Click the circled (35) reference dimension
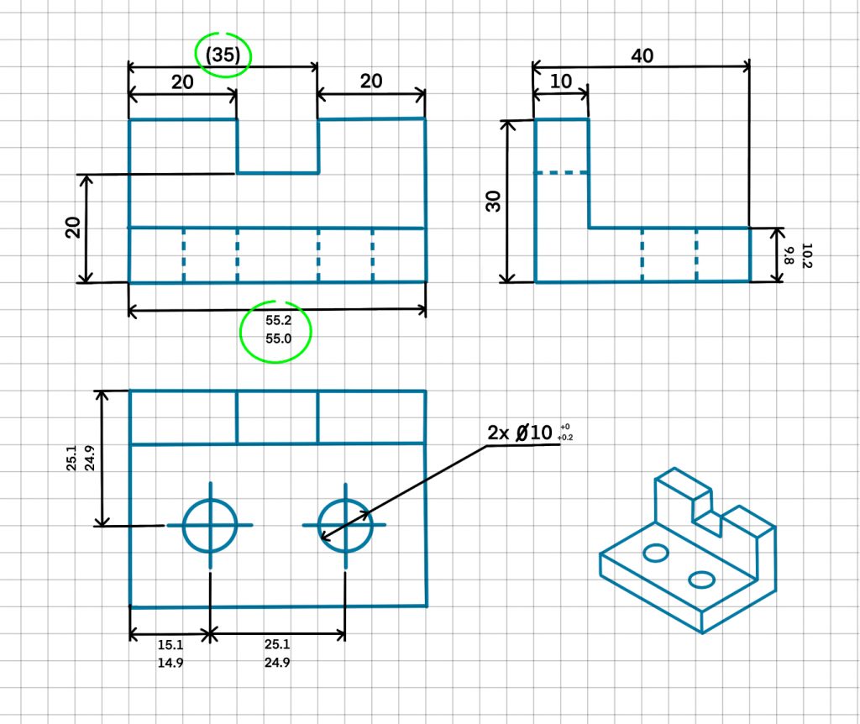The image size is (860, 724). pos(223,55)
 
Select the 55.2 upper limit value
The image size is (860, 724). pos(277,321)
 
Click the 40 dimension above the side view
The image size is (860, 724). pos(642,55)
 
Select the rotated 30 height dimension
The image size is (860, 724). pos(494,202)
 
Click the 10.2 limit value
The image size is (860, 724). pos(807,254)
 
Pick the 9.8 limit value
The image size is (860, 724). pos(790,254)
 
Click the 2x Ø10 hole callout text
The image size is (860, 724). pos(520,433)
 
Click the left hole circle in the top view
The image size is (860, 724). pos(210,525)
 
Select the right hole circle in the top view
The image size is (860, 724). pos(344,525)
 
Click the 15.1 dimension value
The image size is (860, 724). pos(170,645)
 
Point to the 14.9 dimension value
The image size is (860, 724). pos(170,663)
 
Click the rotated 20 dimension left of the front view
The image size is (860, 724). pos(74,228)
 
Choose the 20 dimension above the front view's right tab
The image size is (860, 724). pos(371,81)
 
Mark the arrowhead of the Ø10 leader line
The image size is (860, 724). pos(323,534)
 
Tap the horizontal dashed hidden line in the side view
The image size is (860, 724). pos(562,174)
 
